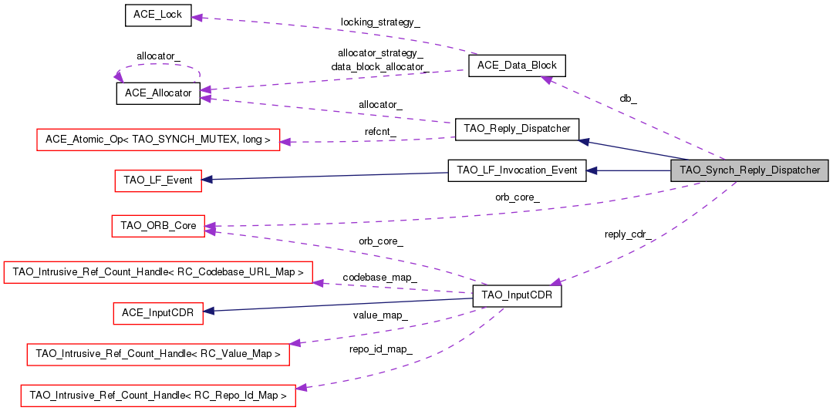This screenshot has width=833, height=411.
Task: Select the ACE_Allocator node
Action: point(158,93)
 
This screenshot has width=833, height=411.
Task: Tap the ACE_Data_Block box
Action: point(517,66)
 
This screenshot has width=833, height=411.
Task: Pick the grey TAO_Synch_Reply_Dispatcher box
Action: point(749,170)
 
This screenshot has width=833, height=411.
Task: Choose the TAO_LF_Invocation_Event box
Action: point(517,170)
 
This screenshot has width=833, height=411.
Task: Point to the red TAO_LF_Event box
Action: point(158,180)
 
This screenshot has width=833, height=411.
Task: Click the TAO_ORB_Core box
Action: point(158,227)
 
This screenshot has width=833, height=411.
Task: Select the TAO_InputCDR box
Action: point(517,295)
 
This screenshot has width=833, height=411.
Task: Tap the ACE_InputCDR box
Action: point(158,313)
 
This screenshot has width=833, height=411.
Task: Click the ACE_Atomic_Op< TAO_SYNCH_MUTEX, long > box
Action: point(158,140)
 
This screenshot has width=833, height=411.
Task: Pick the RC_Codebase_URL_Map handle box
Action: point(158,272)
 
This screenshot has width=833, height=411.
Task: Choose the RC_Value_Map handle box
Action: point(158,355)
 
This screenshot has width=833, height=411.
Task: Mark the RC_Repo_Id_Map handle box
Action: point(158,396)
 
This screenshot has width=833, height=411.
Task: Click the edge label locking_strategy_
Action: point(380,22)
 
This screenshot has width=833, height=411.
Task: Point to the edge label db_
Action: point(628,99)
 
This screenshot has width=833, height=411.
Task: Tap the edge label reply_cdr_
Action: point(628,234)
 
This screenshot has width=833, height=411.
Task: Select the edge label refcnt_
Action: point(380,132)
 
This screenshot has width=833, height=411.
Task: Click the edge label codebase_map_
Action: point(380,277)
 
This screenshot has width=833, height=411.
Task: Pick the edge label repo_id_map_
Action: point(380,349)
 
